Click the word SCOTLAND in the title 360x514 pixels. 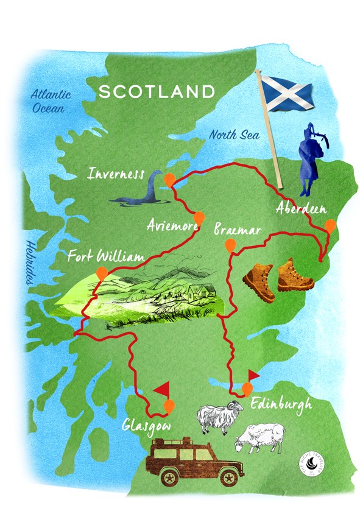[157, 92]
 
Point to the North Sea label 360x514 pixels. [235, 135]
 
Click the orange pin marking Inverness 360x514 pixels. [171, 178]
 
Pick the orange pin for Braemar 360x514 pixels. [230, 245]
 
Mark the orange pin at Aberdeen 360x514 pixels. [330, 226]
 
